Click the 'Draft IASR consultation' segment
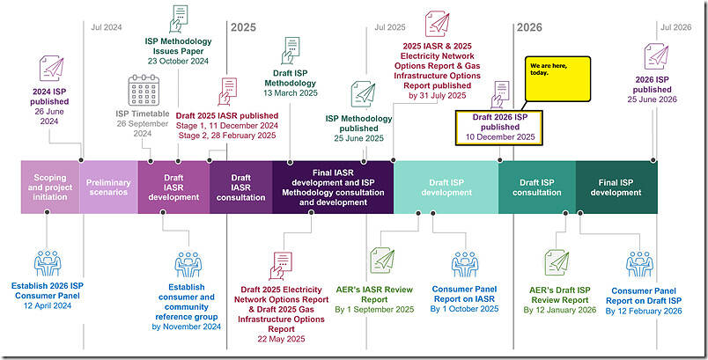241,187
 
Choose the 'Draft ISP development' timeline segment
446,187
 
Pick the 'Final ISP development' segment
616,187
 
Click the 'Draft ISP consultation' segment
536,187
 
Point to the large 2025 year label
243,27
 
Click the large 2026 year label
528,27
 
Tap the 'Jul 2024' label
108,27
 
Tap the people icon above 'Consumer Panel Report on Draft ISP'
642,261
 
